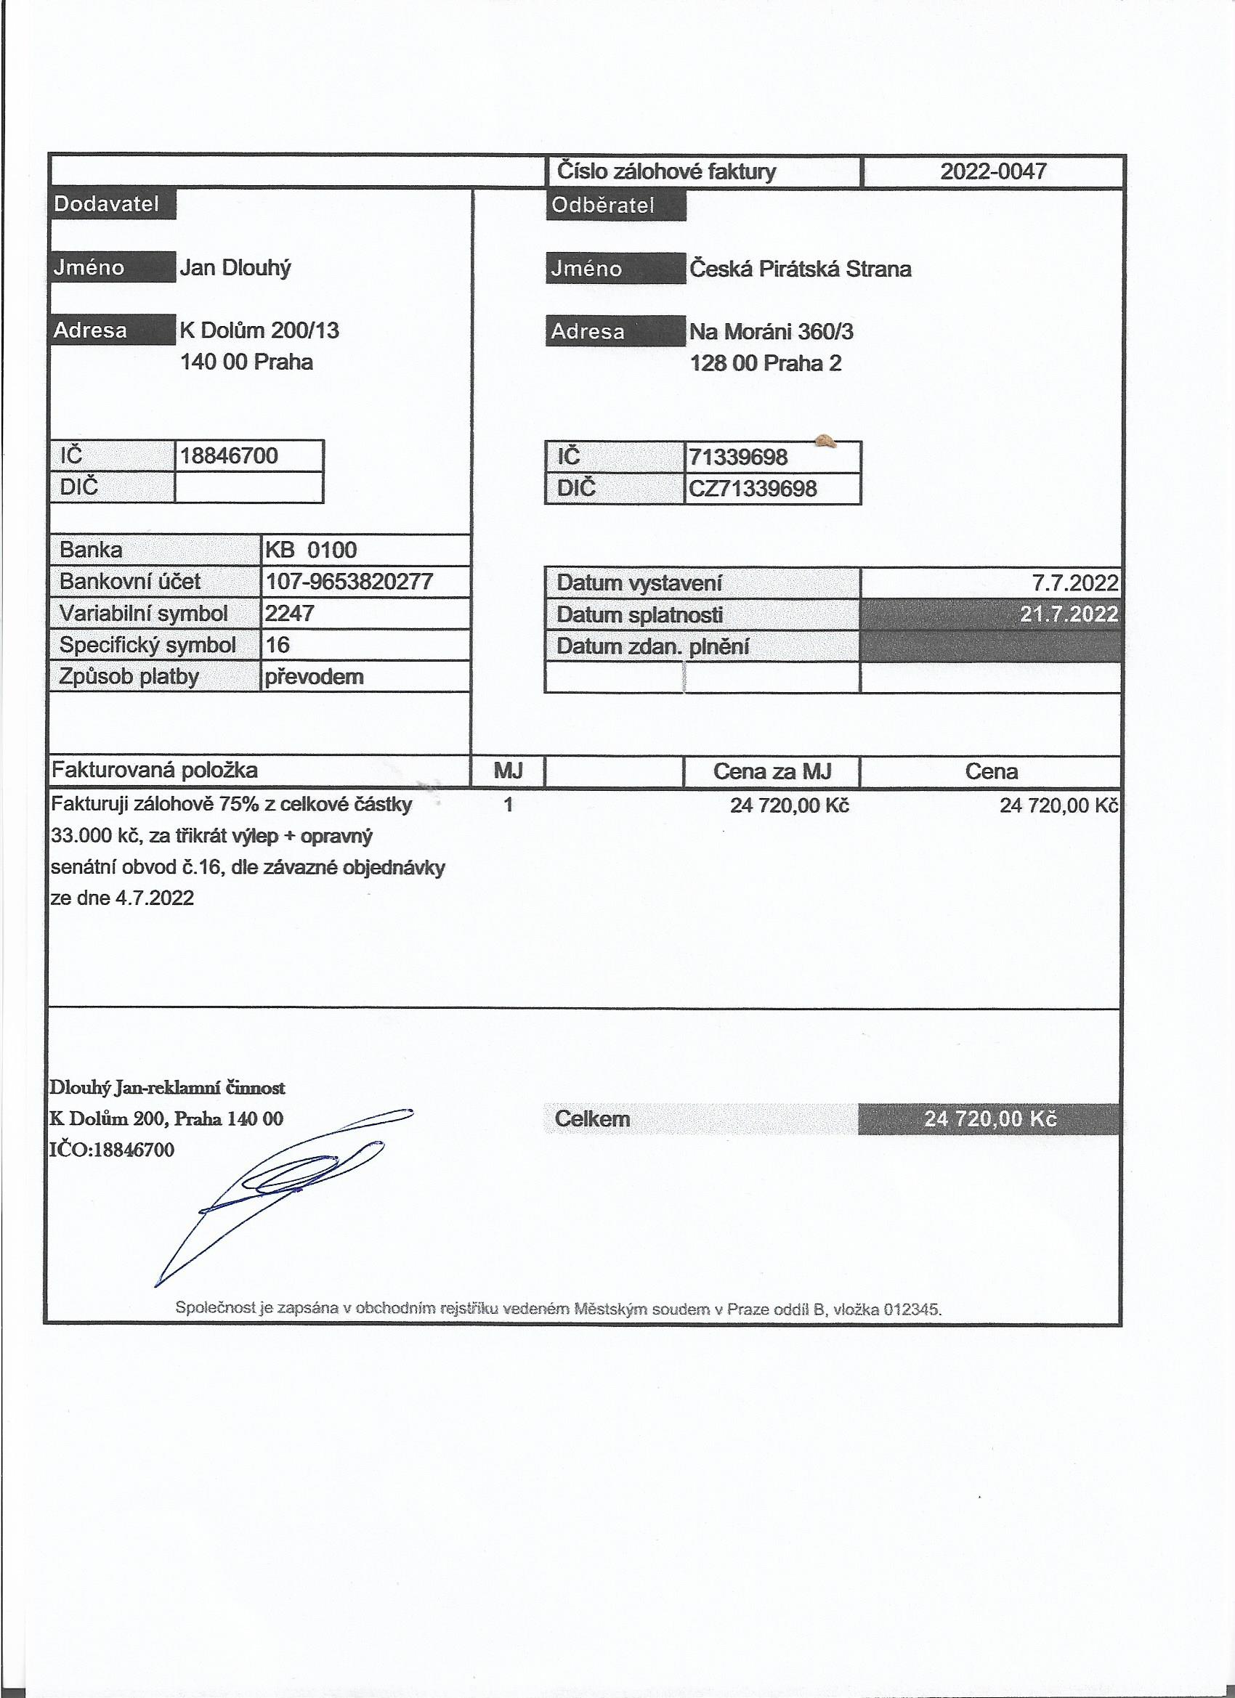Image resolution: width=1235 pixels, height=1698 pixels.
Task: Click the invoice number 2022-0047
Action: [992, 171]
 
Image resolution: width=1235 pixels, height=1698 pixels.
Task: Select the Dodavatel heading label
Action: [106, 204]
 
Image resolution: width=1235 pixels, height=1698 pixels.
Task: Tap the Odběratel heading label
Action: [603, 205]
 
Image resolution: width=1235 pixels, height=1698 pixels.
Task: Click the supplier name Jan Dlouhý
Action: [235, 268]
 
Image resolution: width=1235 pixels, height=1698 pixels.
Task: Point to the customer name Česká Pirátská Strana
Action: [800, 269]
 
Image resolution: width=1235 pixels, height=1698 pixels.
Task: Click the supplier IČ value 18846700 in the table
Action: [229, 455]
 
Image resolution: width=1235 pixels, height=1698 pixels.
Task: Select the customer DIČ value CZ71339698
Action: [753, 489]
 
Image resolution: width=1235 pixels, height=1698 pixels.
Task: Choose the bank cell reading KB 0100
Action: [311, 551]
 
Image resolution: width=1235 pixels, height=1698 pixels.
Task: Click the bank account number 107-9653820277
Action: [349, 582]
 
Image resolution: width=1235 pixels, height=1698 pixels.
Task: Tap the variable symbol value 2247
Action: [289, 613]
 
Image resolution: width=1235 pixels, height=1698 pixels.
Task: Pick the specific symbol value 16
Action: [278, 645]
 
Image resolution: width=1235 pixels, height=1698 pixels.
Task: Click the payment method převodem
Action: [314, 677]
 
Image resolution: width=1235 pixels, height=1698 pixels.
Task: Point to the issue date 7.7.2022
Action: [1074, 583]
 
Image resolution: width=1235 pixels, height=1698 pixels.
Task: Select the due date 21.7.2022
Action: [1069, 614]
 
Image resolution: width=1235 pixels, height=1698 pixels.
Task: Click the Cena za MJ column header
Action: [772, 771]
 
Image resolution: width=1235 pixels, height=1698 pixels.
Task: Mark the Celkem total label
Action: [592, 1118]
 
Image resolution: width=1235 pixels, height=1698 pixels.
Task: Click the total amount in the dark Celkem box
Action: [990, 1118]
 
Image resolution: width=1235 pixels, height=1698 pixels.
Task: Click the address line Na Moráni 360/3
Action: [772, 331]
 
